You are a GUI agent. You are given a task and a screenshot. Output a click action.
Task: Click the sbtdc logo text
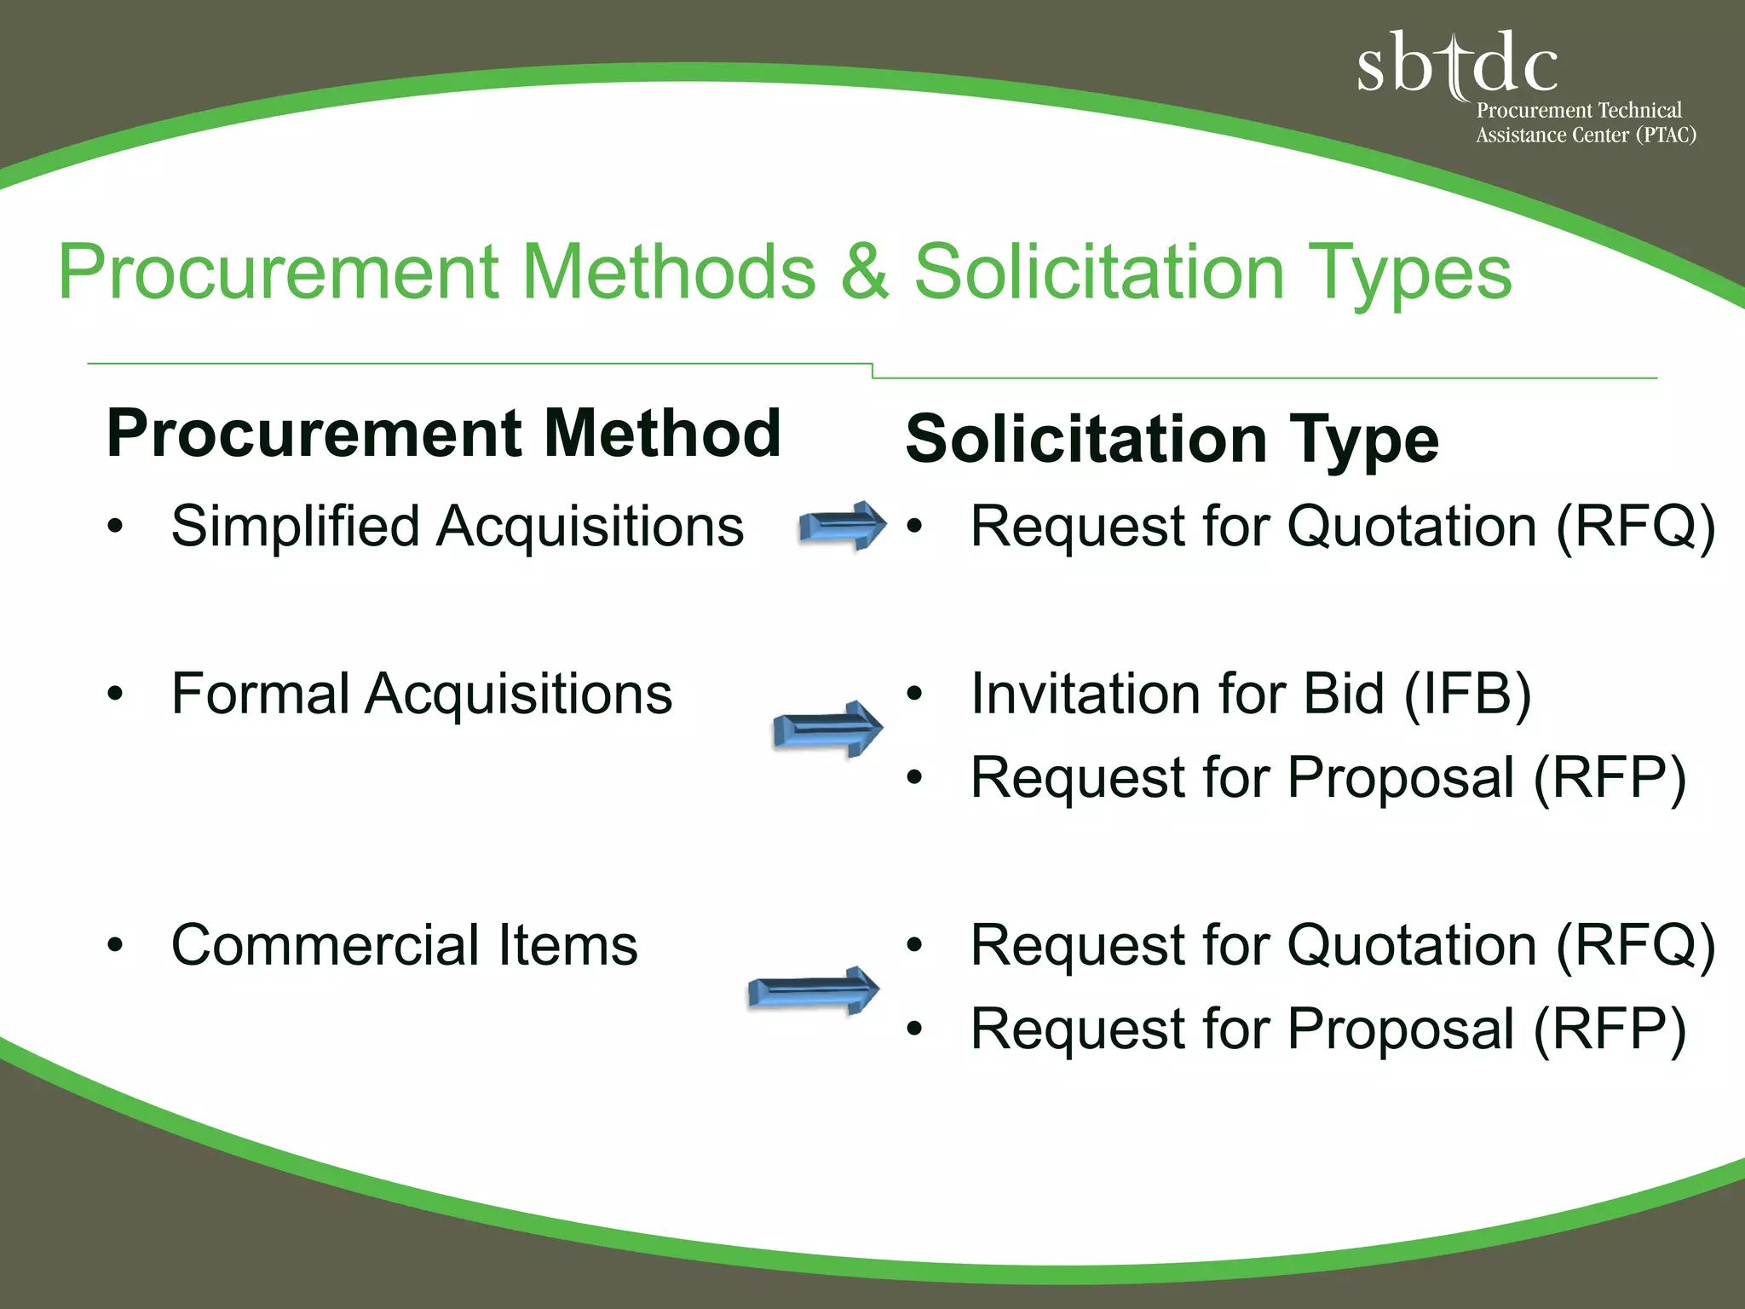(1457, 63)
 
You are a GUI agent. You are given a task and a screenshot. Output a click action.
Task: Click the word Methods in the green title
(669, 273)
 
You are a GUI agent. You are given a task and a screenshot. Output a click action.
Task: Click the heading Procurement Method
(443, 434)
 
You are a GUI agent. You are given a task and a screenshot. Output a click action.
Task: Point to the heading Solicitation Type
(1172, 440)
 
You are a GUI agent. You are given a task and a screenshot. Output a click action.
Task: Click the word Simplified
(295, 526)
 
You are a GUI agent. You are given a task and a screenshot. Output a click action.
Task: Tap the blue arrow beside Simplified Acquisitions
(842, 526)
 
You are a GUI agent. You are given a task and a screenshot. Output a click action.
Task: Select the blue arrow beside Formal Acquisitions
(827, 729)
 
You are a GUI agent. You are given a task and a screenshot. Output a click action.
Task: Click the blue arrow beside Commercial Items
(814, 991)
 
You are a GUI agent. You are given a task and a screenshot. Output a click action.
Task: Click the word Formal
(260, 694)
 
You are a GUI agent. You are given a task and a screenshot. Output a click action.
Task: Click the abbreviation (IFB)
(1467, 694)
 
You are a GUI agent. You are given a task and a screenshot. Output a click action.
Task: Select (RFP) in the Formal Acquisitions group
(1610, 778)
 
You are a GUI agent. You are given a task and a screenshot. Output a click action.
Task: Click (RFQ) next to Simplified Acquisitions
(1635, 527)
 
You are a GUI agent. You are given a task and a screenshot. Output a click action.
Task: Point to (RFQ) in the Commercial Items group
(1635, 946)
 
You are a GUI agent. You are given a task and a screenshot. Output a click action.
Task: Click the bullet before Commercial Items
(116, 946)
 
